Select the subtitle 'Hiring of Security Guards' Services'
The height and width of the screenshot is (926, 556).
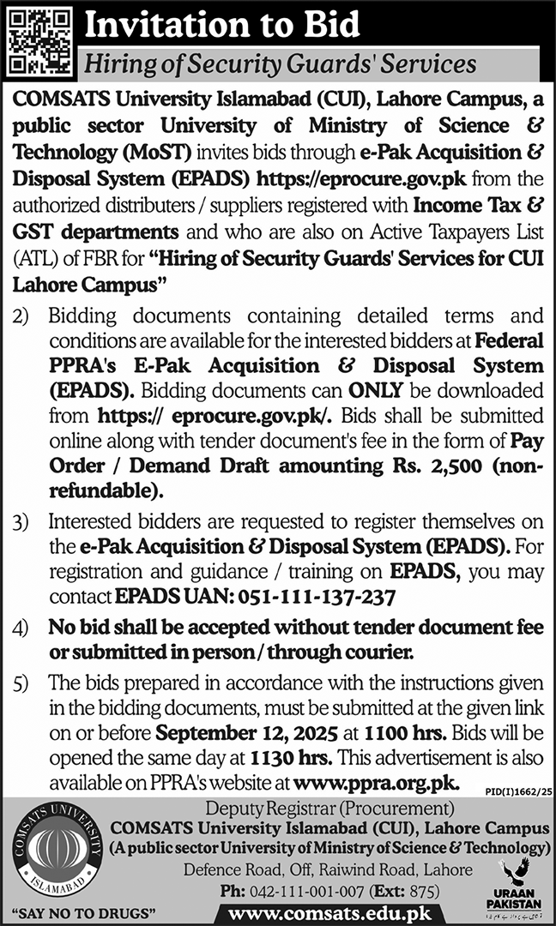pos(278,63)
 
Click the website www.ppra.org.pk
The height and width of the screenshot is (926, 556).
pos(377,782)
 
